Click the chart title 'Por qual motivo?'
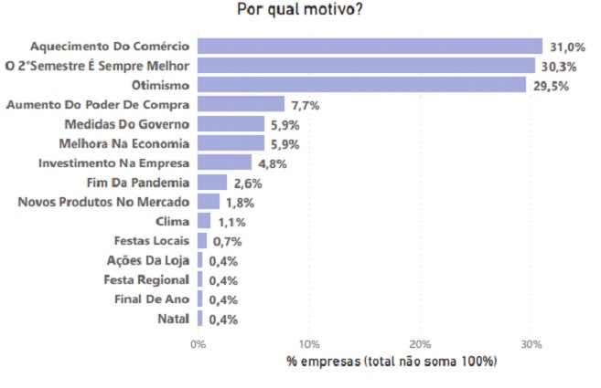click(299, 11)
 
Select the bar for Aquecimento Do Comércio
click(370, 46)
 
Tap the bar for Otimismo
click(361, 85)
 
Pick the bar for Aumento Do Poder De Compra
click(241, 104)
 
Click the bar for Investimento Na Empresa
click(224, 163)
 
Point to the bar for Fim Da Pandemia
click(212, 182)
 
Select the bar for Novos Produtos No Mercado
click(209, 202)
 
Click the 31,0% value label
click(564, 47)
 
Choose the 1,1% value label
click(230, 222)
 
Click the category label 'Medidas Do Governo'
click(126, 123)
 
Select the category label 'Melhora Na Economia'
click(123, 143)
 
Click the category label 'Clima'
click(173, 221)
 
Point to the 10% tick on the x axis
click(309, 345)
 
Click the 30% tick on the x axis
click(531, 345)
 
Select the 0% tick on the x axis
click(198, 345)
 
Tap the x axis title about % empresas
click(392, 362)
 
